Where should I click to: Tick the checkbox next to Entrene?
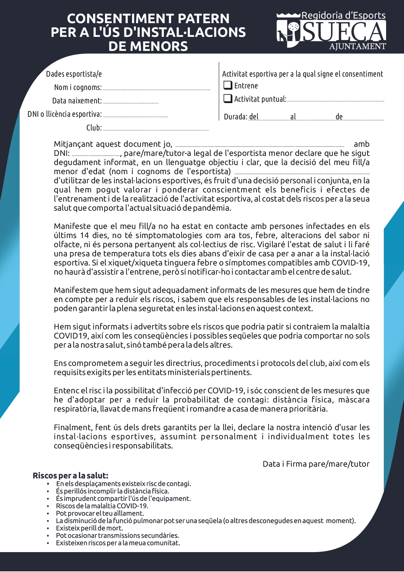coord(228,85)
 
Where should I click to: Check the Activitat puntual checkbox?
coord(228,98)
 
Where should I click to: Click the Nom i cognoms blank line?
coord(156,89)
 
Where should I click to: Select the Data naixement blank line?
coord(131,102)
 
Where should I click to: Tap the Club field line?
coord(155,129)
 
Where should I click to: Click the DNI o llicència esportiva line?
coord(135,116)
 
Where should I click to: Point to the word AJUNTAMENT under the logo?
coord(357,46)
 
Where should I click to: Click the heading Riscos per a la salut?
coord(70,475)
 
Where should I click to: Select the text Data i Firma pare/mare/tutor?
coord(316,464)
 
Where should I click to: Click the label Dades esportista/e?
coord(74,74)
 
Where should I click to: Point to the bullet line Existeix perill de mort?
coord(89,528)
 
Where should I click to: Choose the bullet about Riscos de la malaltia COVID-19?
coord(102,506)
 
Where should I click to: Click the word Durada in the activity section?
coord(236,117)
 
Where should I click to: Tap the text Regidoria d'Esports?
coord(343,15)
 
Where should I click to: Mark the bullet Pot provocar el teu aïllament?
coord(100,513)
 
